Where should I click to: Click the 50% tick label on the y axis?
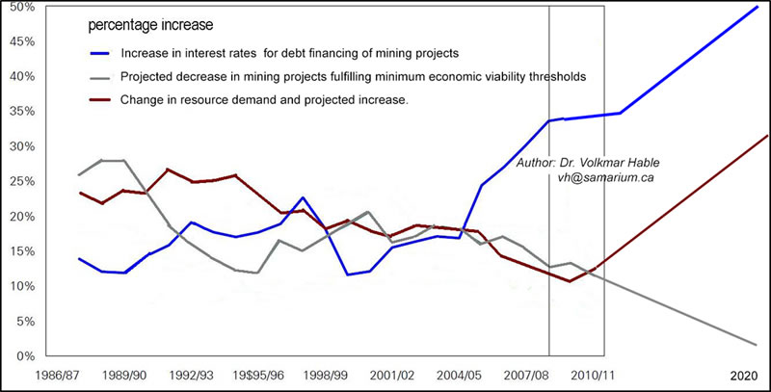point(22,8)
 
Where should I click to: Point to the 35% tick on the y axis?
point(22,112)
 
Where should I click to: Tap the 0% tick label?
point(25,356)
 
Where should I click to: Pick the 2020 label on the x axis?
point(744,374)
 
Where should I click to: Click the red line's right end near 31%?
point(768,136)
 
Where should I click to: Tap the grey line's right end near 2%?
point(757,345)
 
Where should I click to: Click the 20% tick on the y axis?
point(22,217)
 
